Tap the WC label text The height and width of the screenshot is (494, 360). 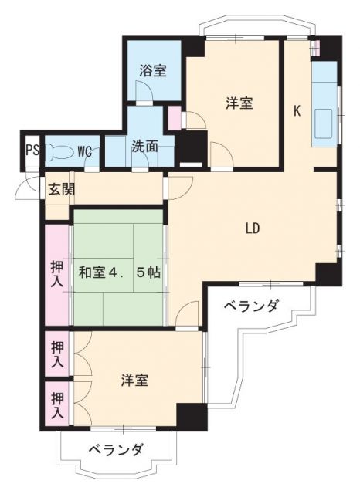pyautogui.click(x=86, y=149)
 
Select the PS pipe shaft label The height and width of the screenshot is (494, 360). pyautogui.click(x=32, y=150)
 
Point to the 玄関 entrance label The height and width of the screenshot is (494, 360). pyautogui.click(x=59, y=189)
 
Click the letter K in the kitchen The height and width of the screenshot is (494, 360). pyautogui.click(x=296, y=110)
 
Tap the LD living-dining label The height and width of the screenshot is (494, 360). pyautogui.click(x=252, y=228)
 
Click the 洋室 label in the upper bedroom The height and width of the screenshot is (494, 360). pyautogui.click(x=239, y=103)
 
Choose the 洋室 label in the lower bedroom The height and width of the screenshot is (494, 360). pyautogui.click(x=134, y=380)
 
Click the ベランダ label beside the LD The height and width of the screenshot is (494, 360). pyautogui.click(x=251, y=306)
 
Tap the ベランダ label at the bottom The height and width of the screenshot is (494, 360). pyautogui.click(x=114, y=449)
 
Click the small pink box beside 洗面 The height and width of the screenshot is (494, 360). pyautogui.click(x=175, y=120)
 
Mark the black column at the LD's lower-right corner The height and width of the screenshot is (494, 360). pyautogui.click(x=327, y=273)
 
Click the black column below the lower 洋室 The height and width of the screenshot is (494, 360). pyautogui.click(x=192, y=415)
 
